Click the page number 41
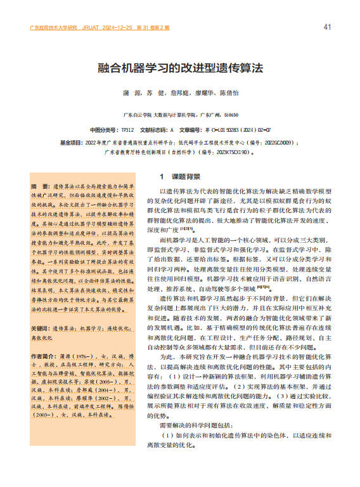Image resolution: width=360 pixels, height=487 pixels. (327, 27)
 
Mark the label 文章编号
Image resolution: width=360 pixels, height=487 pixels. (181, 129)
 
